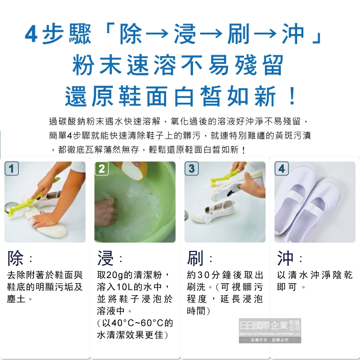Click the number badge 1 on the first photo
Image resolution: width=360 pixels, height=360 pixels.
click(x=12, y=168)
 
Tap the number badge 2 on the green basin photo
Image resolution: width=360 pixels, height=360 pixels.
click(x=101, y=168)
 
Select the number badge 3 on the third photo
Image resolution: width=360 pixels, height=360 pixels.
click(x=192, y=168)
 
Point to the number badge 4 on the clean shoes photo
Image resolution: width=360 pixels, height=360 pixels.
click(x=281, y=168)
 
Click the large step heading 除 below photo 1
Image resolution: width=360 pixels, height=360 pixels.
click(x=15, y=258)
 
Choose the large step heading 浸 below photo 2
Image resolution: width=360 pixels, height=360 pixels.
click(x=106, y=258)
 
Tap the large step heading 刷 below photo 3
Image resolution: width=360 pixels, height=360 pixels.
click(x=195, y=258)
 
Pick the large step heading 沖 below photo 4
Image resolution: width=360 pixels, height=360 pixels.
click(x=285, y=258)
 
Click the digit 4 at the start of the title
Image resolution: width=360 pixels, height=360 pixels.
click(x=31, y=34)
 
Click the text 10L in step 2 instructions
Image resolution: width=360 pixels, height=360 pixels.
click(x=125, y=287)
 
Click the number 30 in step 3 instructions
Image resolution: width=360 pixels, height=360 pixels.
click(x=204, y=275)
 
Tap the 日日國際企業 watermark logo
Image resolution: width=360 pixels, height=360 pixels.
click(x=270, y=331)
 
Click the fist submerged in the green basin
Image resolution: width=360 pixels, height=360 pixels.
click(x=106, y=212)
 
